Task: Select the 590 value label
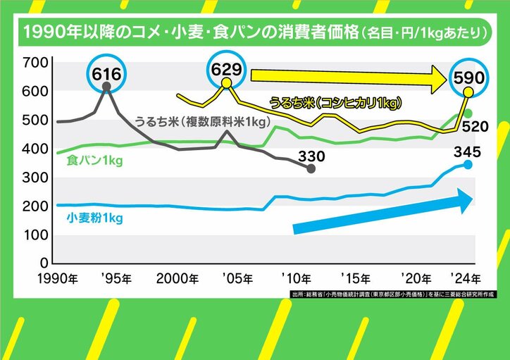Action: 468,76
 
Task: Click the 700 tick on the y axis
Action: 35,63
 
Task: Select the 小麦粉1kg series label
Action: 95,218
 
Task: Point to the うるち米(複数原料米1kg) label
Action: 209,123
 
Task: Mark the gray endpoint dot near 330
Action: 311,168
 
